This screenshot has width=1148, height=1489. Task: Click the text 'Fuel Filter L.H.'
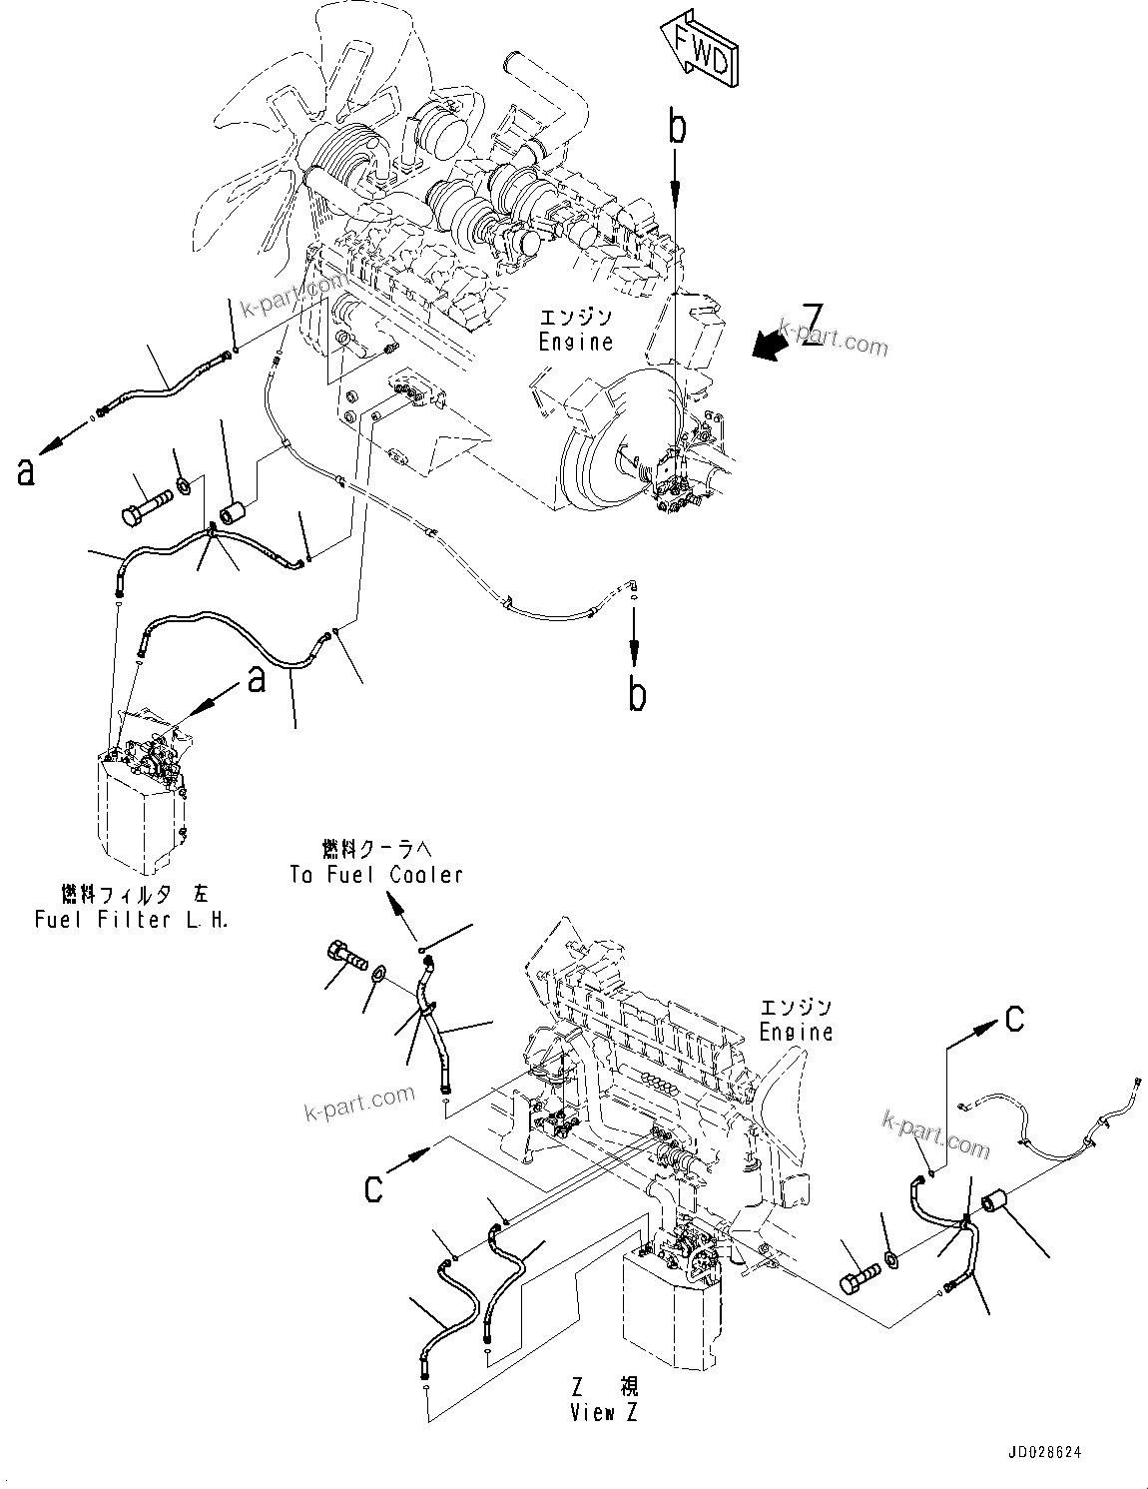131,920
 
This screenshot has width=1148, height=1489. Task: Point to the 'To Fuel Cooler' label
376,875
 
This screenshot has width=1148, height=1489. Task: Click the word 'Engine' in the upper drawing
575,342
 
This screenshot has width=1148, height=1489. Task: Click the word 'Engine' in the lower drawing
796,1033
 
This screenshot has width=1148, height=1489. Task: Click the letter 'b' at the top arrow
678,128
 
